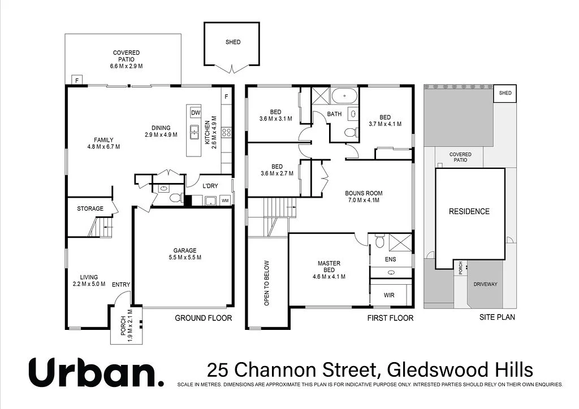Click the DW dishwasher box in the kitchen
click(196, 113)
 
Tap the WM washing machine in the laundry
click(225, 201)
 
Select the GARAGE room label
click(185, 250)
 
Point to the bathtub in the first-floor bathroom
click(344, 95)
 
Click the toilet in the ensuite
click(379, 241)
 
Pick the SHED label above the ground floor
click(233, 42)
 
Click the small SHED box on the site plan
click(505, 94)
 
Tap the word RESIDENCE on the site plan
click(469, 211)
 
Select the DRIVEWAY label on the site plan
click(485, 284)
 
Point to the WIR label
click(389, 295)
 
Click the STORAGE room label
click(90, 209)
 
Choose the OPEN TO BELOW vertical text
click(267, 283)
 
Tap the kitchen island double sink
click(194, 132)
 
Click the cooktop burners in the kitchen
click(226, 133)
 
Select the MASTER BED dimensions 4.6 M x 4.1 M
click(329, 277)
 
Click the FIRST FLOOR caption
click(390, 318)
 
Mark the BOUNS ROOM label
click(364, 193)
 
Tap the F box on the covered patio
click(77, 80)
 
